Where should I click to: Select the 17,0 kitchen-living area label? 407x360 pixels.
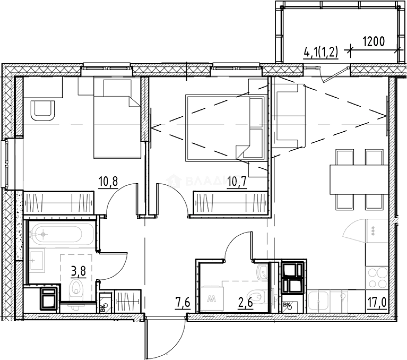tap(378, 304)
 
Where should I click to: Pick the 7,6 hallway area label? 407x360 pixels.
tap(183, 304)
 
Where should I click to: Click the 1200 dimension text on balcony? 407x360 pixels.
tap(373, 42)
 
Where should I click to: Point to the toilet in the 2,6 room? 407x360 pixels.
tap(256, 295)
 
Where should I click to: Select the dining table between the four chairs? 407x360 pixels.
tap(359, 179)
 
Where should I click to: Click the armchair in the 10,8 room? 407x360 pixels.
tap(42, 110)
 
